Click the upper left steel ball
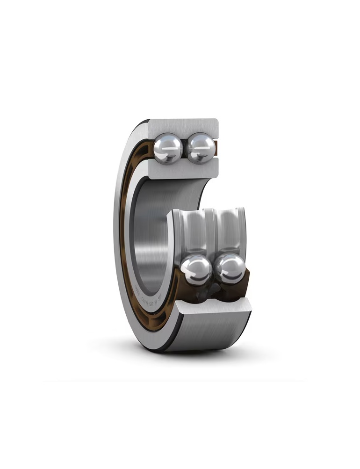169,147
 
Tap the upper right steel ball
201,148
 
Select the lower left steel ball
196,271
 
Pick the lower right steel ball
230,269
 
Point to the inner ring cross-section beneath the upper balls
185,168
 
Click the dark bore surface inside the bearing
150,234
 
